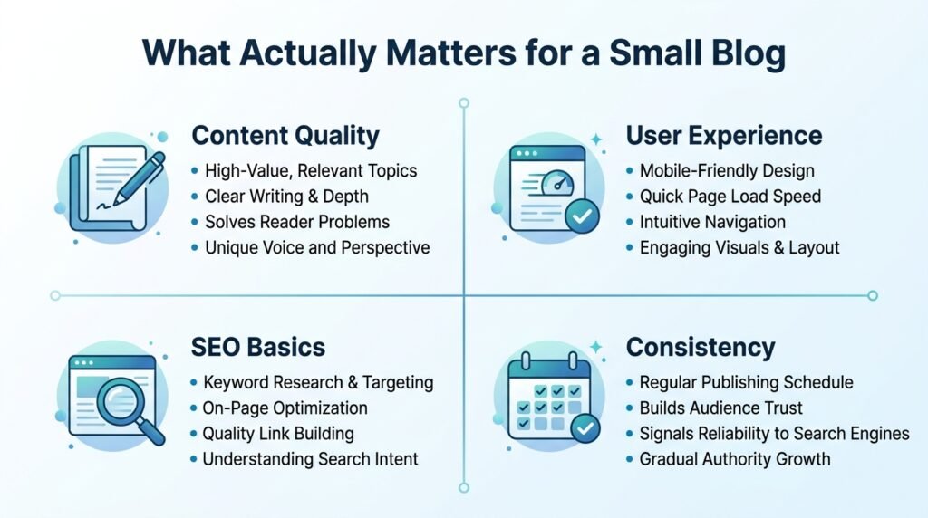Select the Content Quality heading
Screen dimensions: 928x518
[285, 136]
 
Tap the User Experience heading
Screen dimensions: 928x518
[724, 136]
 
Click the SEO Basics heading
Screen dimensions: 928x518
[258, 347]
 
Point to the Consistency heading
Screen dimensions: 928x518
[701, 347]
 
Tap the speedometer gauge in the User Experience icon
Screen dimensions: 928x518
[557, 181]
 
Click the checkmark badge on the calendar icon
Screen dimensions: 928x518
[585, 428]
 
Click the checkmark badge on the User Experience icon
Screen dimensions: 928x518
[583, 216]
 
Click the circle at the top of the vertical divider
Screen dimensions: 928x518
[464, 103]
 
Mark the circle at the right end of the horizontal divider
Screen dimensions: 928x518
[873, 295]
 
